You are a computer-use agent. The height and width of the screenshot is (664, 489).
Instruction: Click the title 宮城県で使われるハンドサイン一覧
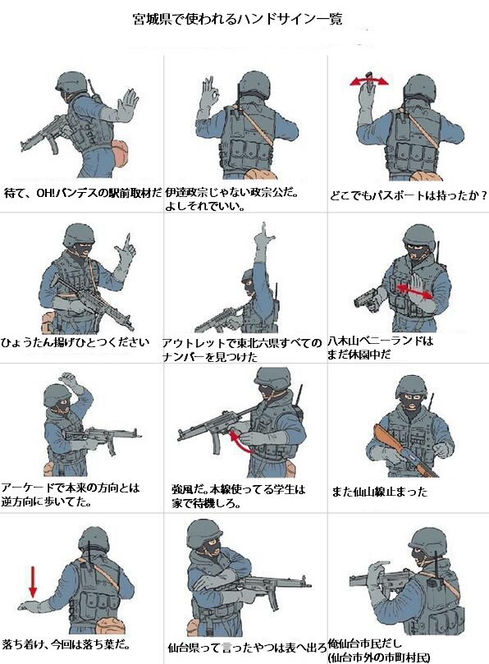pos(237,19)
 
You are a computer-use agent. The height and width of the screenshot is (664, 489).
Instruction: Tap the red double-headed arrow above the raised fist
pos(368,81)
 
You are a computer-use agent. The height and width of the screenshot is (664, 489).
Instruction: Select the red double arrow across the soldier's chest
pos(415,291)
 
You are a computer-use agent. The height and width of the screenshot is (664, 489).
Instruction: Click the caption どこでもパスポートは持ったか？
pos(409,195)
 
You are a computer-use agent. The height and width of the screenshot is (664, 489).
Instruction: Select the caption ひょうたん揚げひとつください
pos(75,342)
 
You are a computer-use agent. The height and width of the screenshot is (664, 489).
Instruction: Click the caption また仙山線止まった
pos(379,492)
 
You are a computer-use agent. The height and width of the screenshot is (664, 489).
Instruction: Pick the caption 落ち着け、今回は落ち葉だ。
pos(66,645)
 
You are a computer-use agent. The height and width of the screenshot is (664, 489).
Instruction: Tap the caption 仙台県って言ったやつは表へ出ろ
pos(247,648)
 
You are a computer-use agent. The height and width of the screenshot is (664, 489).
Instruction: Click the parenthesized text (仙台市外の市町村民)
pos(379,657)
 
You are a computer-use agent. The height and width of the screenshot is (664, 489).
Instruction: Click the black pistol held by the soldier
pos(366,298)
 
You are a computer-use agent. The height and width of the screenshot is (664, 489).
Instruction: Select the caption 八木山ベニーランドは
pos(380,341)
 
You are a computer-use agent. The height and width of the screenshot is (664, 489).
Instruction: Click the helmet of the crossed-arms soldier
pos(204,533)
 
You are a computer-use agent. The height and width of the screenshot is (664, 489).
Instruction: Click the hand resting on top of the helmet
pos(70,380)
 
